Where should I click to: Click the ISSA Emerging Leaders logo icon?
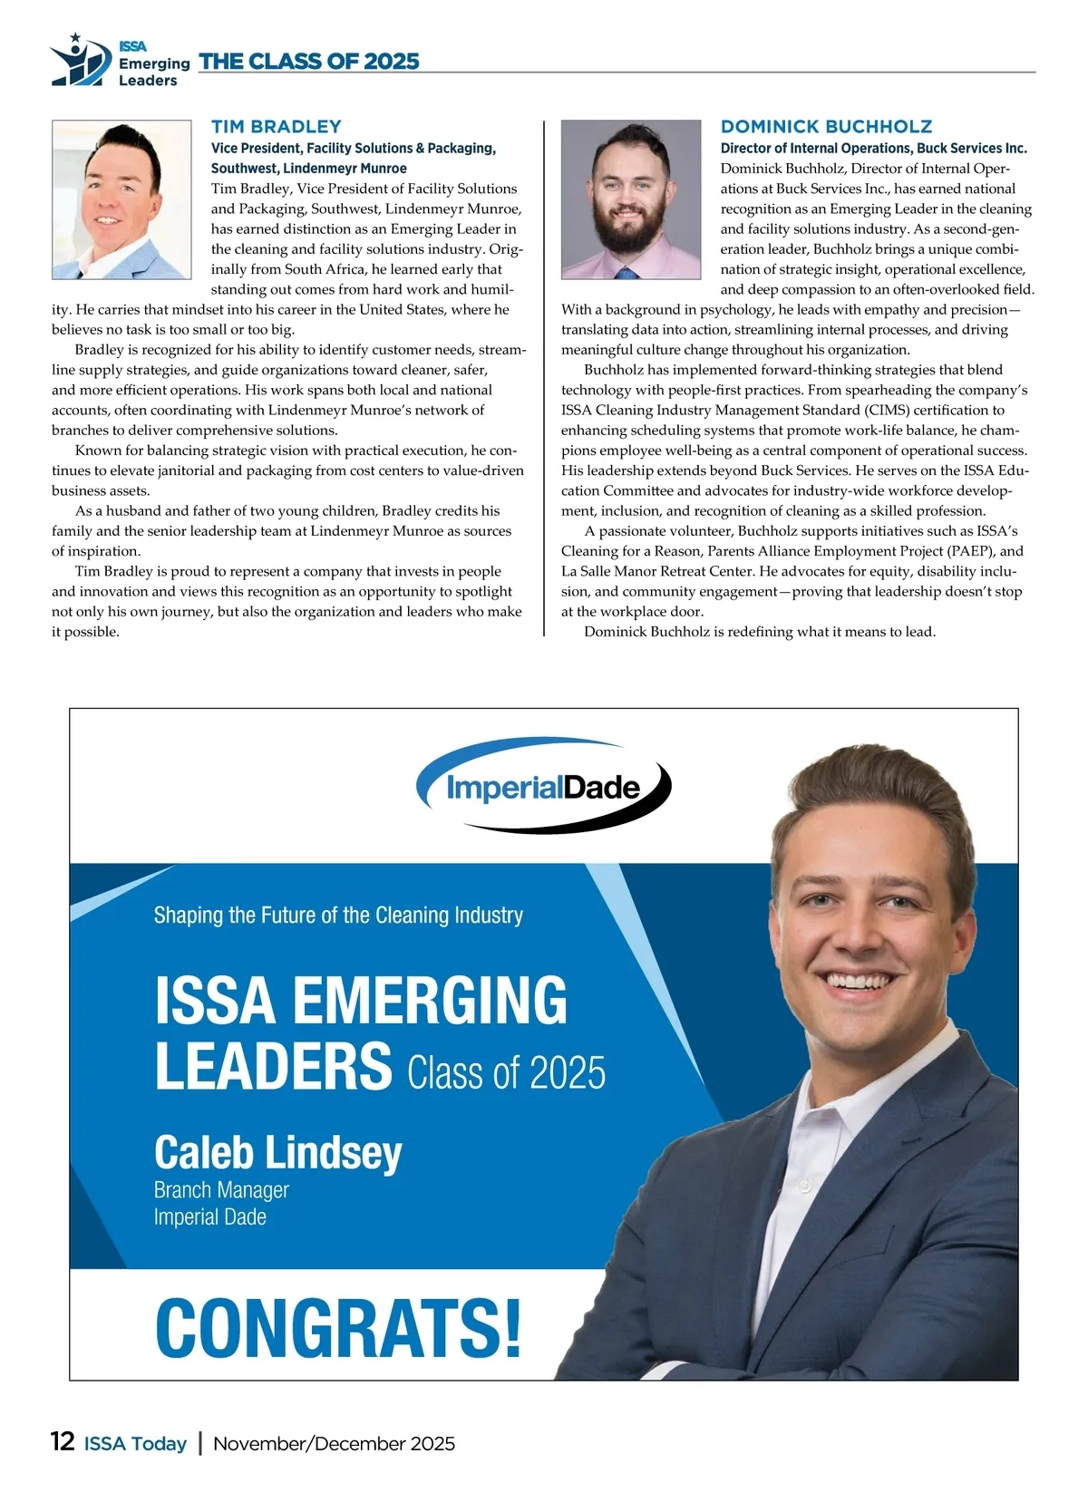pyautogui.click(x=81, y=61)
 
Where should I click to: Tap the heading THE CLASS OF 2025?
pyautogui.click(x=309, y=62)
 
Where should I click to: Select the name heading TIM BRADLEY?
pyautogui.click(x=277, y=127)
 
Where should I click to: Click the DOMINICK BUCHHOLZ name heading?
pyautogui.click(x=826, y=127)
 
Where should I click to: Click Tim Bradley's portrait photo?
pyautogui.click(x=121, y=199)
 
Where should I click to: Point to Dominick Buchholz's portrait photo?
pyautogui.click(x=631, y=199)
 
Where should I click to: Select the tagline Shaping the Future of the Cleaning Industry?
pyautogui.click(x=338, y=916)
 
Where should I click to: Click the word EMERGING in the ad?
pyautogui.click(x=430, y=1001)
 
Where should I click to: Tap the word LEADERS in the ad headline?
pyautogui.click(x=273, y=1066)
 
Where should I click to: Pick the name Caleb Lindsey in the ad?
pyautogui.click(x=277, y=1153)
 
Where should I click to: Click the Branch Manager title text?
pyautogui.click(x=221, y=1190)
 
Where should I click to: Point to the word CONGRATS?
pyautogui.click(x=338, y=1328)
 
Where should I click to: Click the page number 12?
pyautogui.click(x=63, y=1442)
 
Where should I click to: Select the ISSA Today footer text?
pyautogui.click(x=135, y=1444)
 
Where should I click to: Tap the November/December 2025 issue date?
pyautogui.click(x=334, y=1444)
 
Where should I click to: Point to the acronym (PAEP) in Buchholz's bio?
pyautogui.click(x=971, y=551)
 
